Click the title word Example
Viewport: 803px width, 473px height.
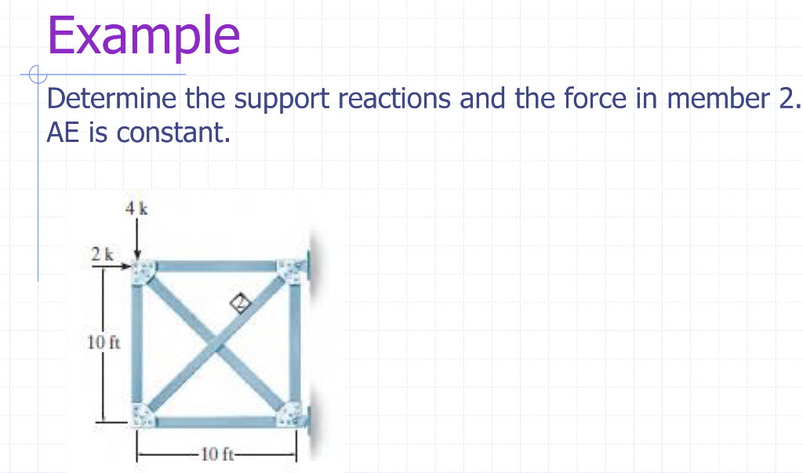click(x=144, y=35)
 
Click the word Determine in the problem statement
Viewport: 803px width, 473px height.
click(x=113, y=100)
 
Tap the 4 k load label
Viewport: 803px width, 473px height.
click(x=136, y=209)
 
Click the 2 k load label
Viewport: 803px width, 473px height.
click(x=101, y=254)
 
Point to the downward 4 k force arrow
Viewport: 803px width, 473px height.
click(x=137, y=239)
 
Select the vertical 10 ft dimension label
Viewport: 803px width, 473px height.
click(x=102, y=342)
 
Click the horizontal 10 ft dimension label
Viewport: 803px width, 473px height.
click(x=216, y=454)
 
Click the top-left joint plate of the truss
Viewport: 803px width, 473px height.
click(x=143, y=272)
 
